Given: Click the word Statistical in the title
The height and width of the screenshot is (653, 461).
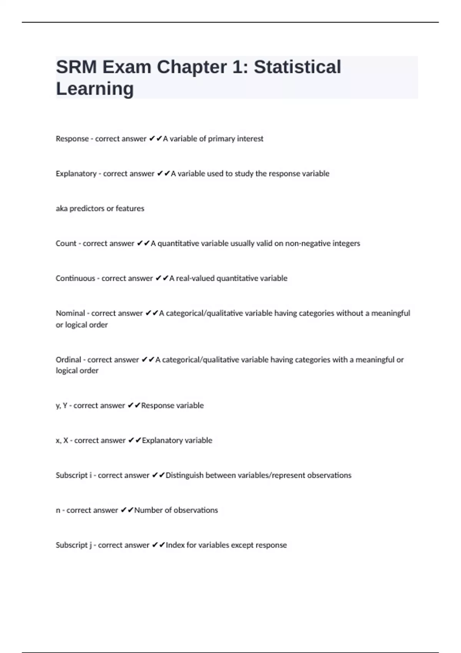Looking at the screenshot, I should [297, 67].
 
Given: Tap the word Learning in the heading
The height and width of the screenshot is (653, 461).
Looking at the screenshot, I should [95, 89].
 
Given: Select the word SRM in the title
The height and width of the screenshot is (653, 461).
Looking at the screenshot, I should [76, 67].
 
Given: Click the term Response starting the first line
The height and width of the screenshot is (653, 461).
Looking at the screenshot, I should [72, 139].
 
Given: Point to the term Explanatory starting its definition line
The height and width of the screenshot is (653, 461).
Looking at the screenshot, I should [76, 174].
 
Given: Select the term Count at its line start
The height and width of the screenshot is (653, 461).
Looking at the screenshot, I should [66, 244].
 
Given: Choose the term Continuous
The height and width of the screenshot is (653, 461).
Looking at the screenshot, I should [75, 278].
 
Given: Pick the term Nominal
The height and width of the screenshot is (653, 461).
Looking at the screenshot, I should [70, 313].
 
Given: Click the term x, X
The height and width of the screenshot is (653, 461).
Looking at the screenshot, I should [62, 441].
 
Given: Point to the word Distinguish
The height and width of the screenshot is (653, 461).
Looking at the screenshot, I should [184, 476].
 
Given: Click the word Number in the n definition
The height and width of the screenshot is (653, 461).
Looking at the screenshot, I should [148, 510].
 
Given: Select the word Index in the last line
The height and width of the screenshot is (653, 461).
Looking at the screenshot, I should [175, 545].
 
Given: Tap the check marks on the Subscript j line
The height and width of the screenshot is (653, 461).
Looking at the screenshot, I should [158, 545].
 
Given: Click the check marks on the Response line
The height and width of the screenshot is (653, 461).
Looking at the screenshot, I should [156, 138].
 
